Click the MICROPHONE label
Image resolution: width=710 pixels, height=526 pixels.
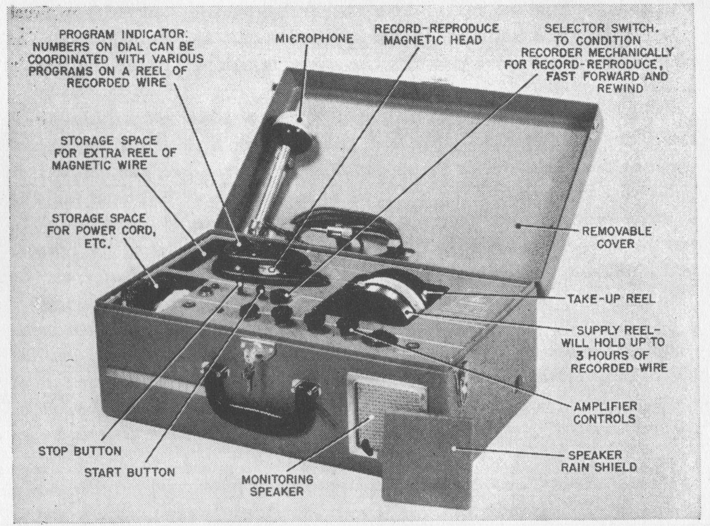tap(314, 39)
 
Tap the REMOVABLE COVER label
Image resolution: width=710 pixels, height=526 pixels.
tap(616, 237)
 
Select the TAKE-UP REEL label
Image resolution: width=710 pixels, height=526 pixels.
tap(611, 298)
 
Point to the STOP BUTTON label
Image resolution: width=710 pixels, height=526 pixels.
tap(80, 451)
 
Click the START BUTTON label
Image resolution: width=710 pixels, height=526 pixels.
tap(130, 472)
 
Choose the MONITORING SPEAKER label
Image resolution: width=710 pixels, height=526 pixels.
tap(277, 485)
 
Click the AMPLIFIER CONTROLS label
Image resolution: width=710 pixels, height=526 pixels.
tap(605, 412)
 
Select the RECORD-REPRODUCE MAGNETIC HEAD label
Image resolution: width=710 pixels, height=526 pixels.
tap(436, 34)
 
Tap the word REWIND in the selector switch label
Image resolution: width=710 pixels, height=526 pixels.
tap(620, 88)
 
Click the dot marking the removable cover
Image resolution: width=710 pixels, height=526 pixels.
tap(519, 224)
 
